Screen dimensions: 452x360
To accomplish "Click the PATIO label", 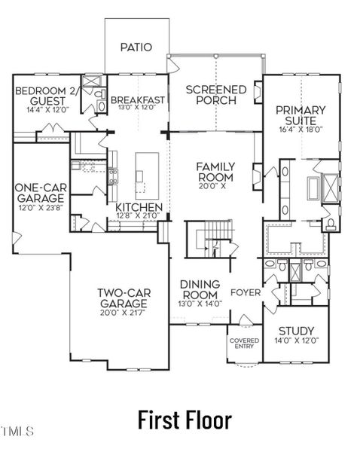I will coord(136,47).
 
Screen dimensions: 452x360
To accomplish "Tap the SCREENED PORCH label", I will coord(215,95).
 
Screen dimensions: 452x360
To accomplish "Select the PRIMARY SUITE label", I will coord(300,115).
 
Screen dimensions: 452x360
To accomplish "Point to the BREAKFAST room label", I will coord(138,100).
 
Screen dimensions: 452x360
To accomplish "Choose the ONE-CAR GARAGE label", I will coord(38,194).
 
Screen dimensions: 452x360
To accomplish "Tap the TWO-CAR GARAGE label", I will coord(121,298).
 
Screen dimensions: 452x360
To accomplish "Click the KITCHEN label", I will coord(139,207).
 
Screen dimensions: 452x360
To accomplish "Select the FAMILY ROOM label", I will coord(215,171).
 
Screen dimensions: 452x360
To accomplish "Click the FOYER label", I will coord(246,292).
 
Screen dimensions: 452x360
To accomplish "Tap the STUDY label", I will coord(296,331).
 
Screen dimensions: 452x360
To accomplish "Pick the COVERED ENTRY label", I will coord(244,344).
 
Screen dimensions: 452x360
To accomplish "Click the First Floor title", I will coord(185,419).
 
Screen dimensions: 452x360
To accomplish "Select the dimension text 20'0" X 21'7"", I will coord(121,312).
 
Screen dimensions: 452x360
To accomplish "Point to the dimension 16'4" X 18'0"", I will coord(300,129).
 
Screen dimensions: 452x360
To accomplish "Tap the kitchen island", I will coord(141,176).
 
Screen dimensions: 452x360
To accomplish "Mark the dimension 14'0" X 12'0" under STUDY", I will coord(296,341).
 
